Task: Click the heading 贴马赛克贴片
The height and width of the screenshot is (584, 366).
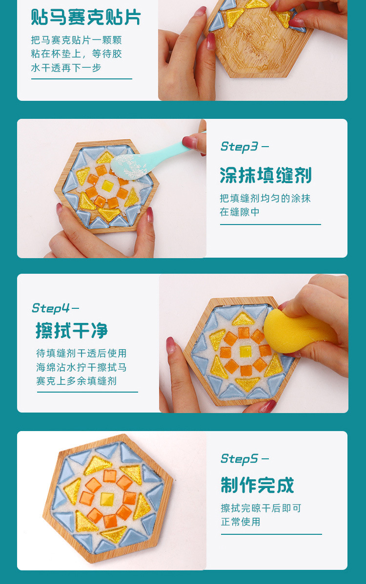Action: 86,18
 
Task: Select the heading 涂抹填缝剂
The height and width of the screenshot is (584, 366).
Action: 265,175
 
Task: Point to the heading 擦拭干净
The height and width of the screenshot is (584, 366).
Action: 72,331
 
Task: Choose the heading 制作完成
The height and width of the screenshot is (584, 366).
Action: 257,486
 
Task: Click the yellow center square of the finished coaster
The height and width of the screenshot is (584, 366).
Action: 107,498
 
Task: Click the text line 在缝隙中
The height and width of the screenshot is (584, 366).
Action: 240,212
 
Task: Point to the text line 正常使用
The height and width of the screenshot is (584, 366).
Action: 241,522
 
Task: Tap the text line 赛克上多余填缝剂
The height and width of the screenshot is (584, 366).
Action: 76,380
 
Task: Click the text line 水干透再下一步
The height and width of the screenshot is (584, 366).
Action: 66,68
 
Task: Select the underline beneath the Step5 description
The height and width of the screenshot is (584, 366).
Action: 271,534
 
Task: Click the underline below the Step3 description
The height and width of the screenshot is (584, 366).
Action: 270,225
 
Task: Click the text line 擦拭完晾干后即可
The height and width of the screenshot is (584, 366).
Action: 261,508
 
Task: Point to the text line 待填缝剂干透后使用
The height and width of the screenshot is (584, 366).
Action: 81,353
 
